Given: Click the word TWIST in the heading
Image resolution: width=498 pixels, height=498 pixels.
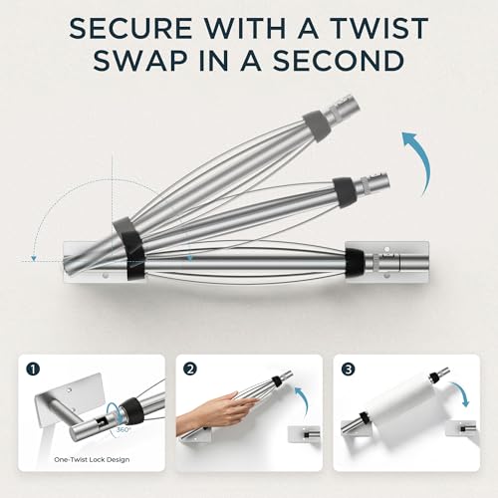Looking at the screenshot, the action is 379,28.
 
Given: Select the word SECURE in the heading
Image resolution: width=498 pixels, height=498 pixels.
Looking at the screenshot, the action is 130,28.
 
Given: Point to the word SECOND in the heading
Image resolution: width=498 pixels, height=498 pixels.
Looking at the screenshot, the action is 339,61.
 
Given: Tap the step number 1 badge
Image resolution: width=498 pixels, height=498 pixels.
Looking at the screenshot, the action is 34,370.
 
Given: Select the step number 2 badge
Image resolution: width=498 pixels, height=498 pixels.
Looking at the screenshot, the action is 191,370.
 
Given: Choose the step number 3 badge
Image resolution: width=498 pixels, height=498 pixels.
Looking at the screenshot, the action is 349,370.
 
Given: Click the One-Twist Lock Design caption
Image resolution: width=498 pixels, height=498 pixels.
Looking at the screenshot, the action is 92,460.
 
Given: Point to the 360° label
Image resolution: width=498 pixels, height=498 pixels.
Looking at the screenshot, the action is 123,429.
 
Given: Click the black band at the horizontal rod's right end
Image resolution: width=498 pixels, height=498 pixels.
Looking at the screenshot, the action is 356,262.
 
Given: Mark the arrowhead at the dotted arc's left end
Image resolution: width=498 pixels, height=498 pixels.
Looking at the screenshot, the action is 33,258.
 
